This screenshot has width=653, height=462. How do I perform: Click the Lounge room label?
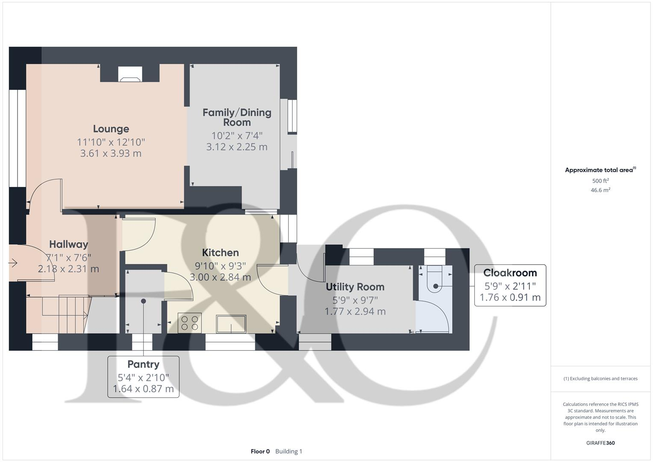(111, 129)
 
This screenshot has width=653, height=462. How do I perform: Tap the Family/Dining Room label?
(237, 117)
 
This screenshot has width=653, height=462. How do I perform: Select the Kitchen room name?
(220, 252)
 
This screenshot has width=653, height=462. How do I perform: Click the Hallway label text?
(68, 244)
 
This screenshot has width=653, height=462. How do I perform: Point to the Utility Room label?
(355, 287)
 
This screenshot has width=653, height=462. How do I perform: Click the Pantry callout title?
(143, 364)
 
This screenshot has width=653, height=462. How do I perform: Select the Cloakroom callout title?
(510, 272)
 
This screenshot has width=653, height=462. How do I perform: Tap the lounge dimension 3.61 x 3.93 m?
(111, 153)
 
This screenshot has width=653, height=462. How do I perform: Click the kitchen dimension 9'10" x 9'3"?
(220, 266)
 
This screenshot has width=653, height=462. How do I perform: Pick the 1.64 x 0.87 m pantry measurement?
(143, 389)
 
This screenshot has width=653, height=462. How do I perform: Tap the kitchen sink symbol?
(231, 323)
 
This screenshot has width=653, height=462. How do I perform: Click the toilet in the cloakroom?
(435, 280)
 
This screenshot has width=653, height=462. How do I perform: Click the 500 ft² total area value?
(600, 181)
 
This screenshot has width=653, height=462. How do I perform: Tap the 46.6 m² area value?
(600, 190)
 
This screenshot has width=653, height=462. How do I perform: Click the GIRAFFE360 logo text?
(600, 443)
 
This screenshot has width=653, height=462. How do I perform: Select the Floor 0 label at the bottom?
(260, 451)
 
